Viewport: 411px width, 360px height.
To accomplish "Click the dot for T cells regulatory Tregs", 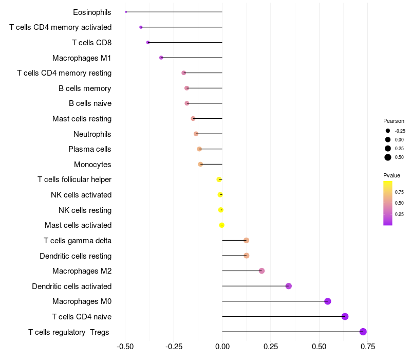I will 363,332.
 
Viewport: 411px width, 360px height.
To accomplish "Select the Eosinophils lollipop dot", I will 126,12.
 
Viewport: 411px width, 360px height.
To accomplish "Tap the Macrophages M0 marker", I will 328,301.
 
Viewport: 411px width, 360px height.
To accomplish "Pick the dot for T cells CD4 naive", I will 345,316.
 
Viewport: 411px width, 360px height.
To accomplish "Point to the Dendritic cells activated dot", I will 288,286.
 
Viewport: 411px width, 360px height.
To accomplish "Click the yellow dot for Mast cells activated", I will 222,225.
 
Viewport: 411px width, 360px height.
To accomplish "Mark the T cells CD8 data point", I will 148,42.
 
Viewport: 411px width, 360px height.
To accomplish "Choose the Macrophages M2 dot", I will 261,271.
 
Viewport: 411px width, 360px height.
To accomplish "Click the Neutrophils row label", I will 92,134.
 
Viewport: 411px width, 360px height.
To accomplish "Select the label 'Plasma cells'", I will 90,149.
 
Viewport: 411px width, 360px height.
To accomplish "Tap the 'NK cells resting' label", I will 85,210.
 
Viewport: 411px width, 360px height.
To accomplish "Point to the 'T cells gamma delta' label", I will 78,241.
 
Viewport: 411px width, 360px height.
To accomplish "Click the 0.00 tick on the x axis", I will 222,347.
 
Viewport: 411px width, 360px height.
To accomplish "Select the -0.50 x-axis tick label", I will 125,347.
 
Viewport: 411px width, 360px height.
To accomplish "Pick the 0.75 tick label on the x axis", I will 367,347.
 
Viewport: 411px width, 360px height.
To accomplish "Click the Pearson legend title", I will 394,121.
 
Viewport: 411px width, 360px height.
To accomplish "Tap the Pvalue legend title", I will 391,175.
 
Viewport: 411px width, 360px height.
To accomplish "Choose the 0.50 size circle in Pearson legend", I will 388,157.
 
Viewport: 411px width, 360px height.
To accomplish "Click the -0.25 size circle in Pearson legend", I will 388,131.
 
